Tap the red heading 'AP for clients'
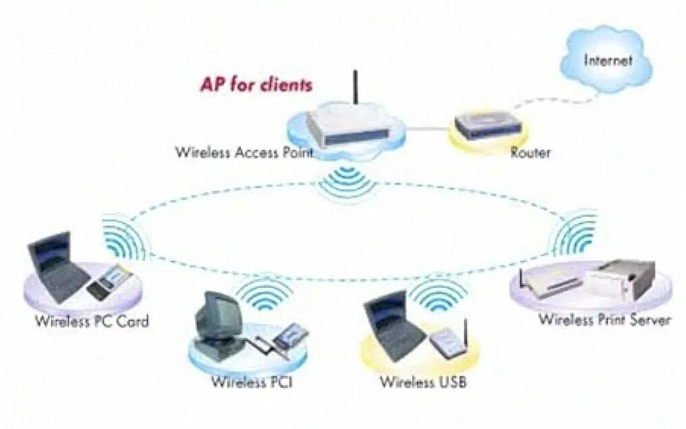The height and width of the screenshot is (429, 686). [x=256, y=85]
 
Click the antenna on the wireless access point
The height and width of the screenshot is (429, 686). [x=354, y=90]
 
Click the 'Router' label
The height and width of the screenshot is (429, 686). [x=530, y=153]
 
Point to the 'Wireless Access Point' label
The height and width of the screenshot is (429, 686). [x=244, y=152]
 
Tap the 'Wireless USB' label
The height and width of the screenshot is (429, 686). [x=423, y=382]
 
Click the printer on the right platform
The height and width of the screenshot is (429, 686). [x=621, y=277]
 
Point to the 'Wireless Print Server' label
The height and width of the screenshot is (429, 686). [x=604, y=319]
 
